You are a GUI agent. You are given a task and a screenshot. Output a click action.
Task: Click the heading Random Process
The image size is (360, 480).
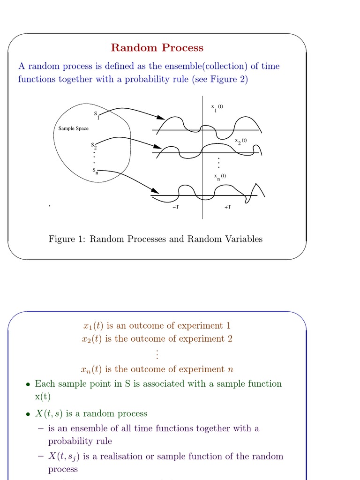click(157, 48)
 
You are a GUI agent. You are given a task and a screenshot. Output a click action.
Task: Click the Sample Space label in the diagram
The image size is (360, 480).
click(73, 128)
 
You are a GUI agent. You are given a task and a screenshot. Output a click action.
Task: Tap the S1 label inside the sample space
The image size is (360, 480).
click(96, 115)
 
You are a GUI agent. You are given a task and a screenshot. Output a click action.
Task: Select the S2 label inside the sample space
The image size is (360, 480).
click(94, 146)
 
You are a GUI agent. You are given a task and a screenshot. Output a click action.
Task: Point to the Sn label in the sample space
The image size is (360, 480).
click(95, 171)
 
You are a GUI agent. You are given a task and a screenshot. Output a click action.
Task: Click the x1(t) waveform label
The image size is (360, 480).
click(217, 107)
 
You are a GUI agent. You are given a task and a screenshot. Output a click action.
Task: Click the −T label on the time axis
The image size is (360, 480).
click(176, 207)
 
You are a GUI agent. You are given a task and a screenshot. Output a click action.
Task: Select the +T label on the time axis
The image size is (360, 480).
click(227, 207)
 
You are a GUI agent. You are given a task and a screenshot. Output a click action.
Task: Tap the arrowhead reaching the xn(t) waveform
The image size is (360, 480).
click(154, 190)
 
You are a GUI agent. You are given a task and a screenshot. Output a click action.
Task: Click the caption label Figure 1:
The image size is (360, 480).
click(67, 239)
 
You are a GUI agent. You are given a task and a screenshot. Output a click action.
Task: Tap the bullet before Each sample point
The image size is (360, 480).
click(28, 384)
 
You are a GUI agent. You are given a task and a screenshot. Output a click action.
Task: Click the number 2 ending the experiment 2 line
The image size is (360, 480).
click(230, 339)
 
